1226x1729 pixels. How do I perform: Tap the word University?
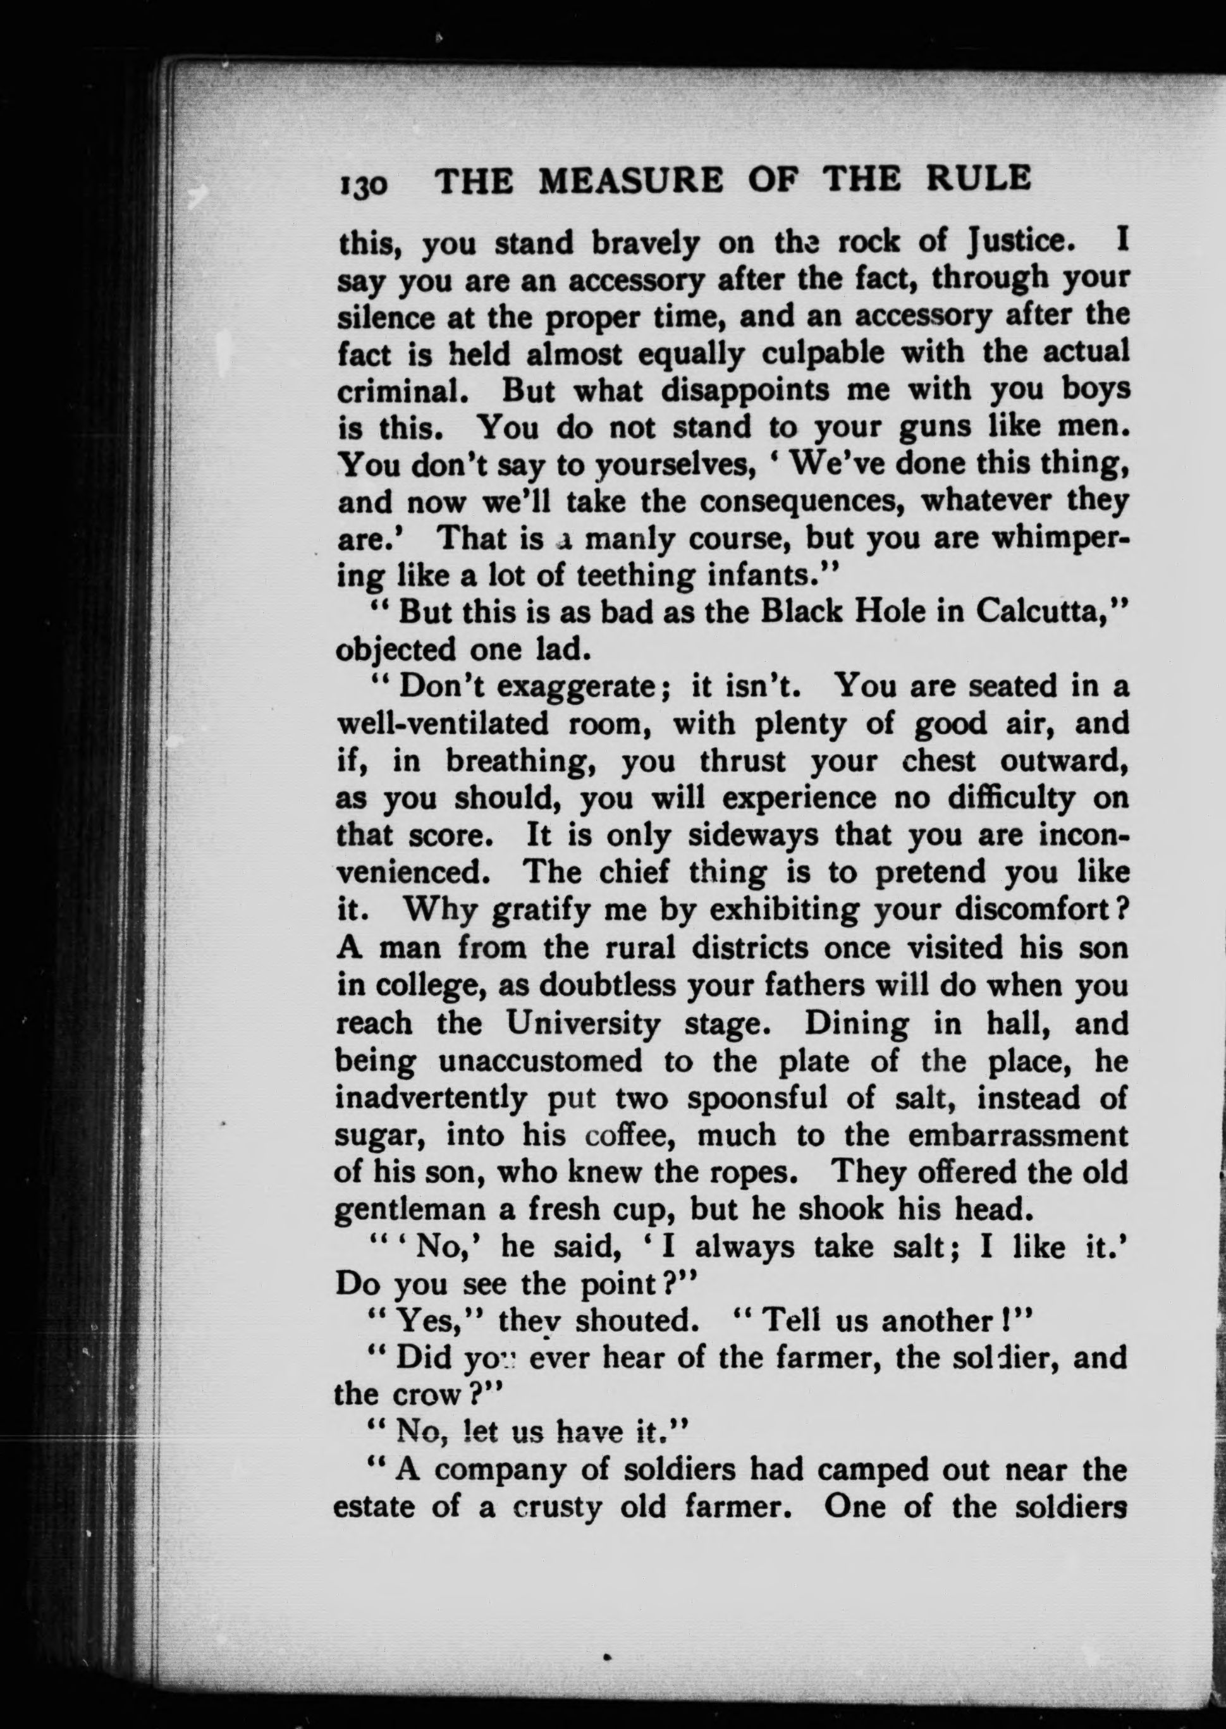coord(583,1023)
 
